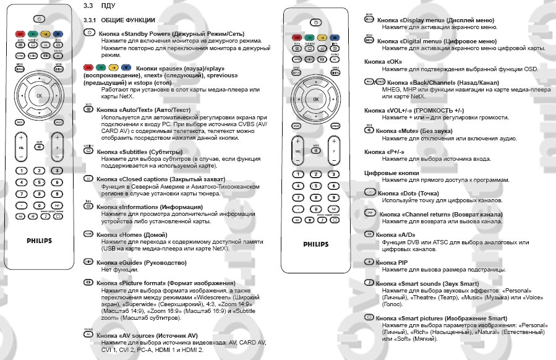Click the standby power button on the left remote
(x=38, y=20)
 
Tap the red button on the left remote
(x=20, y=33)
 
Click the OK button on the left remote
(x=39, y=95)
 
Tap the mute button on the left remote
(x=39, y=147)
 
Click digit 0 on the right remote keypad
(x=315, y=209)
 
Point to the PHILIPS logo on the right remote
(x=315, y=244)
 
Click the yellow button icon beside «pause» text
(x=114, y=68)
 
